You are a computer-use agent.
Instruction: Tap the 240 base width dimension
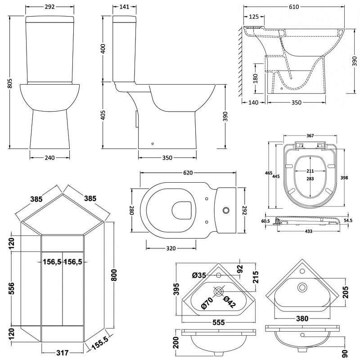click(x=49, y=158)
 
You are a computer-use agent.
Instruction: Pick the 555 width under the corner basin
click(x=219, y=322)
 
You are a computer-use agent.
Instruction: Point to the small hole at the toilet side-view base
click(x=153, y=144)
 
